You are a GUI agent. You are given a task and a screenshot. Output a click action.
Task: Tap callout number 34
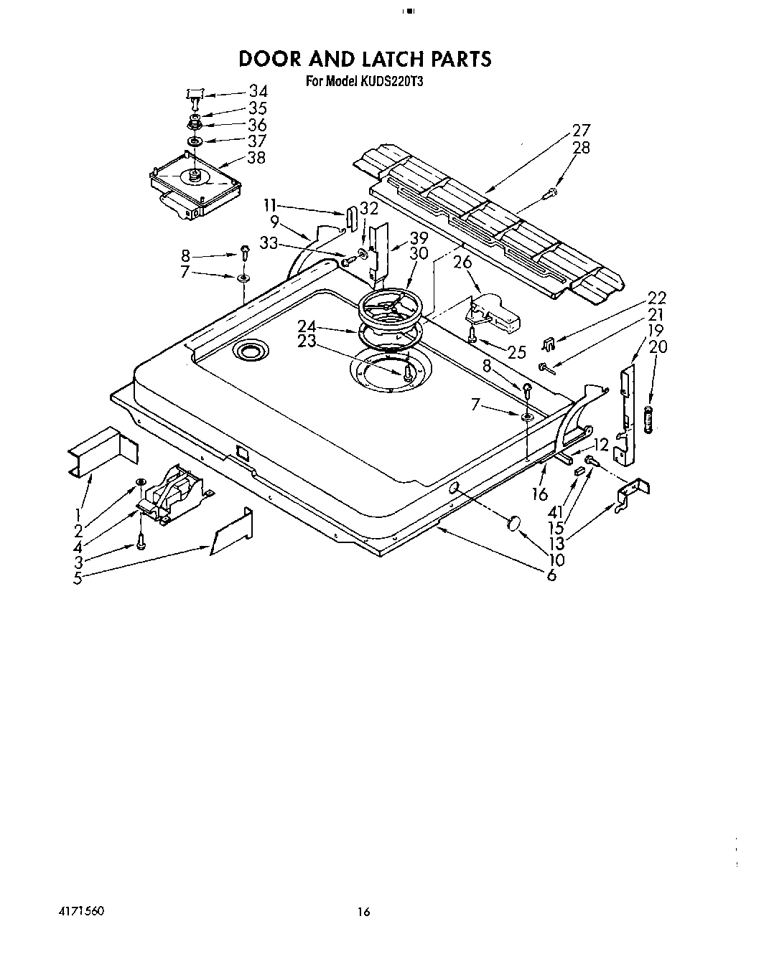(x=258, y=91)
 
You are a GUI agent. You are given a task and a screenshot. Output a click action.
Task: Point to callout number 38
(x=256, y=157)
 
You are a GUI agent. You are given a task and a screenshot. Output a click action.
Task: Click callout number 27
(x=582, y=131)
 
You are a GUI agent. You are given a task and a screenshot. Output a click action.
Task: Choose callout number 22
(x=656, y=298)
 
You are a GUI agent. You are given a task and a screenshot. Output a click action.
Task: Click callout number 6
(x=551, y=575)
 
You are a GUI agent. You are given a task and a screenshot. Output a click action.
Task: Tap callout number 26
(x=463, y=263)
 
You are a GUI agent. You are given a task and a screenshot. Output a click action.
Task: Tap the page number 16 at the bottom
(x=364, y=913)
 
